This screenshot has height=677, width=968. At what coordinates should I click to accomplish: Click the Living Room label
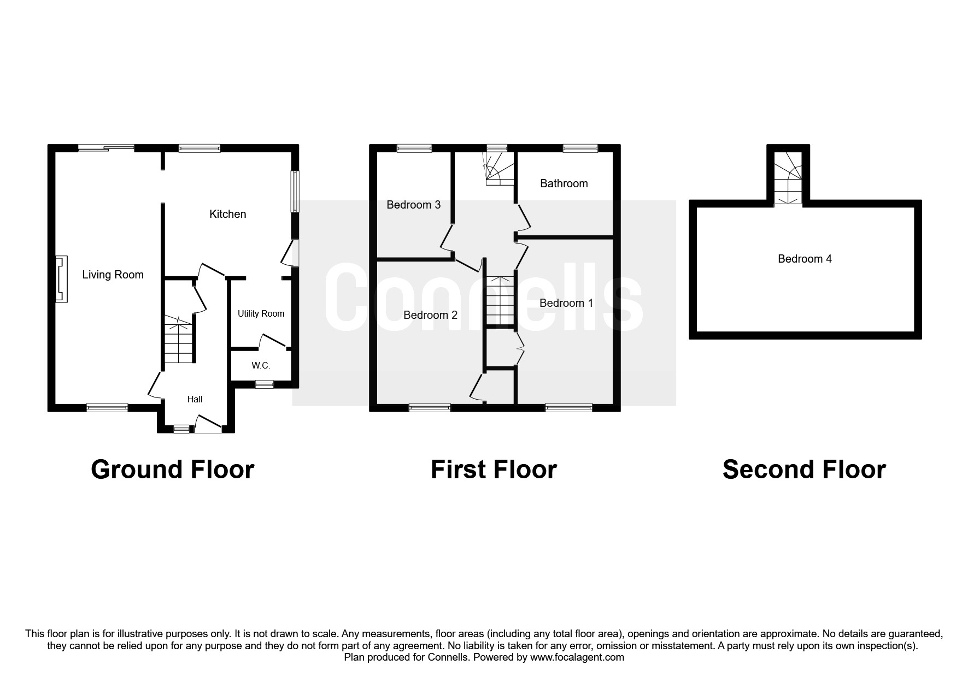(x=113, y=275)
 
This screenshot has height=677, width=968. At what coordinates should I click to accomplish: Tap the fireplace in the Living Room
(x=61, y=278)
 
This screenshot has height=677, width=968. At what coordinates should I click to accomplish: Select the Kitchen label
(x=227, y=214)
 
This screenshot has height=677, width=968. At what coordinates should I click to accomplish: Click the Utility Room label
(x=261, y=313)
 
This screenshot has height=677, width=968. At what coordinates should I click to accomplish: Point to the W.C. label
(x=261, y=365)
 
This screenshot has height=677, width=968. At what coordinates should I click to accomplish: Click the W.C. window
(x=265, y=384)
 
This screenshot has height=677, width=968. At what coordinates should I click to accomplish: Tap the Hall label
(x=195, y=399)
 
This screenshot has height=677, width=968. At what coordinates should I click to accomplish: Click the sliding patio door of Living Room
(x=106, y=147)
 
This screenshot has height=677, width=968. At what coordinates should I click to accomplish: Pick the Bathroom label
(x=564, y=183)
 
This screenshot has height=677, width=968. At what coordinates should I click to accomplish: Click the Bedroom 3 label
(x=413, y=205)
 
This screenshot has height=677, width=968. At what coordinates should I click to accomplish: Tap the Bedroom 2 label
(x=430, y=315)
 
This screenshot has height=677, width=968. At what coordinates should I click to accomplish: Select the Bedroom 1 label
(x=566, y=303)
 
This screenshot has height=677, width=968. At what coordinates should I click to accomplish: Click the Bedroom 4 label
(x=805, y=259)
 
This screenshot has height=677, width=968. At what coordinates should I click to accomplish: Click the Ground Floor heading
(x=172, y=470)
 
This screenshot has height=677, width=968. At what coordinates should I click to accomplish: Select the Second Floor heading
(x=804, y=470)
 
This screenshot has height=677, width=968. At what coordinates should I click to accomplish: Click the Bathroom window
(x=580, y=147)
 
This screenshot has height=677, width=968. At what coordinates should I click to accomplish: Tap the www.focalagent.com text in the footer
(x=577, y=657)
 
